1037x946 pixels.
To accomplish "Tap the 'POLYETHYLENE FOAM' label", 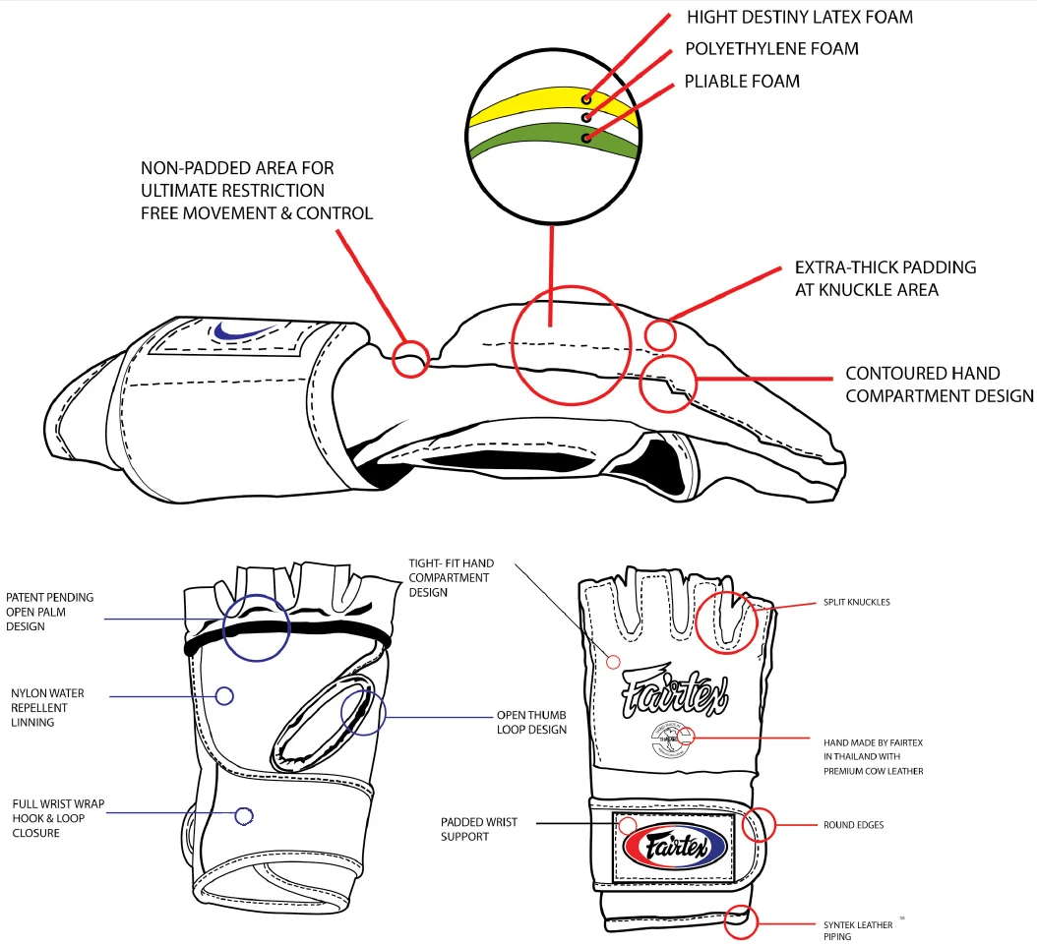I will [771, 48].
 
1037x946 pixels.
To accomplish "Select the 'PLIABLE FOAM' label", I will [742, 81].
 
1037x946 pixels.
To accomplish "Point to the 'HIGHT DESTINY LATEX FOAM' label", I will [799, 17].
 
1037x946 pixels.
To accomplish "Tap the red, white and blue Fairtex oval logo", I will [674, 845].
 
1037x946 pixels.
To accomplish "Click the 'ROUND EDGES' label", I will [853, 825].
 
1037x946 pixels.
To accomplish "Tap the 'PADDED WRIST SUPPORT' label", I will [479, 829].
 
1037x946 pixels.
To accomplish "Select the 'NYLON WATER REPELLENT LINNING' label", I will [46, 708].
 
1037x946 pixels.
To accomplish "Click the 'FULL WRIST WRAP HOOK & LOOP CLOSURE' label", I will [56, 818].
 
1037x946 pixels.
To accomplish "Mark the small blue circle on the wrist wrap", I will [243, 815].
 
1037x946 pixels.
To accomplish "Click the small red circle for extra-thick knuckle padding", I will [660, 334].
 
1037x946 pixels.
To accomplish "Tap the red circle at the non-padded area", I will [411, 358].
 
